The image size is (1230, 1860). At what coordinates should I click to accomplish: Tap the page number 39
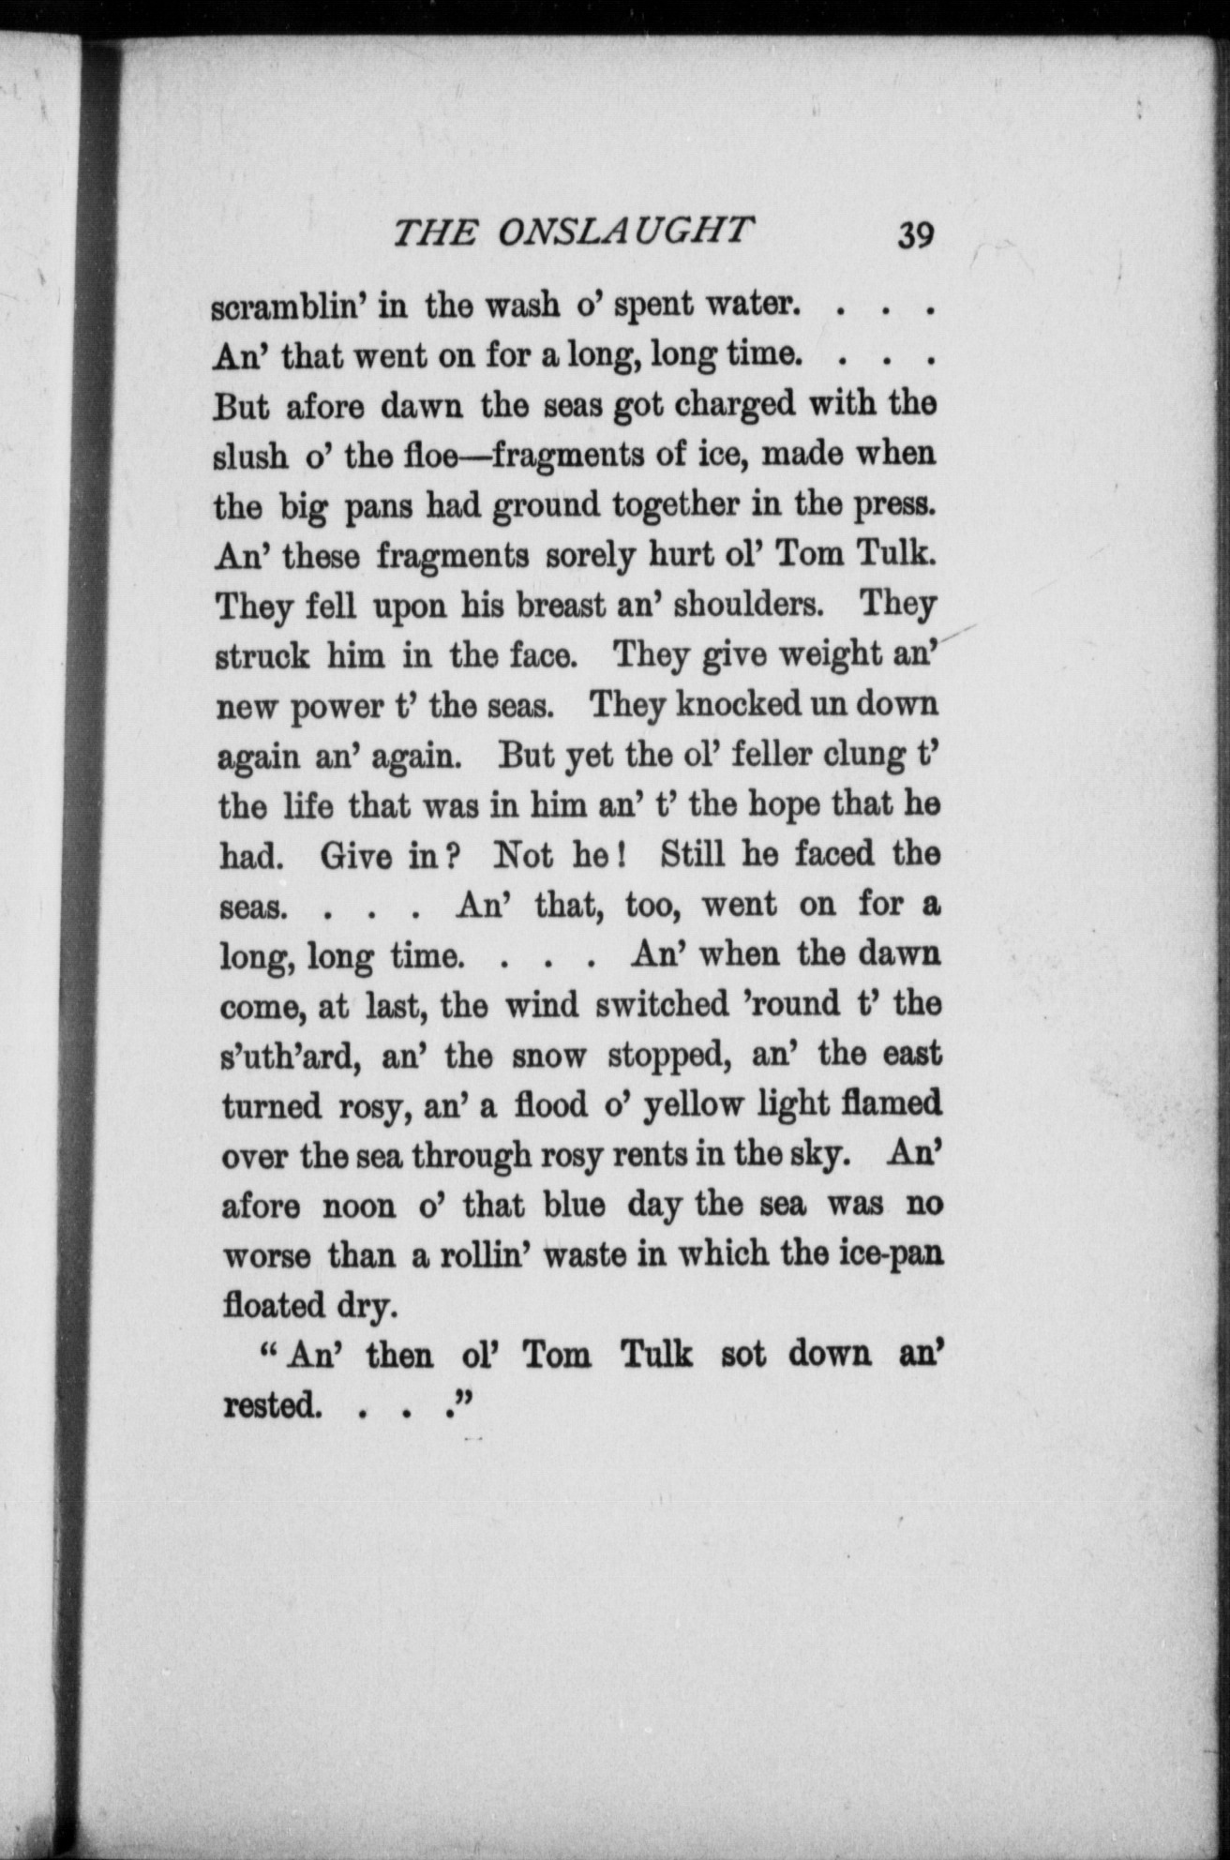(x=914, y=234)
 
